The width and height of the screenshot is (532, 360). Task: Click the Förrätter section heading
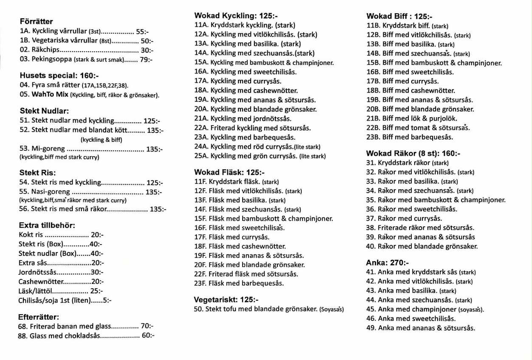pyautogui.click(x=36, y=22)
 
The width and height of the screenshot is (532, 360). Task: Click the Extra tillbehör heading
pyautogui.click(x=47, y=225)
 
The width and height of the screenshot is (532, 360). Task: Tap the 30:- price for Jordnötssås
pyautogui.click(x=97, y=272)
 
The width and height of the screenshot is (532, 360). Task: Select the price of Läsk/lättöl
pyautogui.click(x=97, y=291)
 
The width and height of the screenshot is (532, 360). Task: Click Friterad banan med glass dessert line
pyautogui.click(x=71, y=326)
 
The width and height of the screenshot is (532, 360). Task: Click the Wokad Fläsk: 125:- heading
pyautogui.click(x=229, y=172)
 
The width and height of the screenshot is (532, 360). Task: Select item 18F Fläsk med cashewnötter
pyautogui.click(x=240, y=246)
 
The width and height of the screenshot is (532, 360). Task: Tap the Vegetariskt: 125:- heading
pyautogui.click(x=226, y=300)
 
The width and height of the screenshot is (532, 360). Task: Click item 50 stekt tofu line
pyautogui.click(x=269, y=309)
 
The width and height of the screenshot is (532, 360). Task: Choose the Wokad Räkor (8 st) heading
pyautogui.click(x=413, y=154)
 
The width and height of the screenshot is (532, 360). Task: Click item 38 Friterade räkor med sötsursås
pyautogui.click(x=420, y=228)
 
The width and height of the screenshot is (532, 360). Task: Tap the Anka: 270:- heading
pyautogui.click(x=388, y=263)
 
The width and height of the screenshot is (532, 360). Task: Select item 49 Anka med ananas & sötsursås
pyautogui.click(x=421, y=328)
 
